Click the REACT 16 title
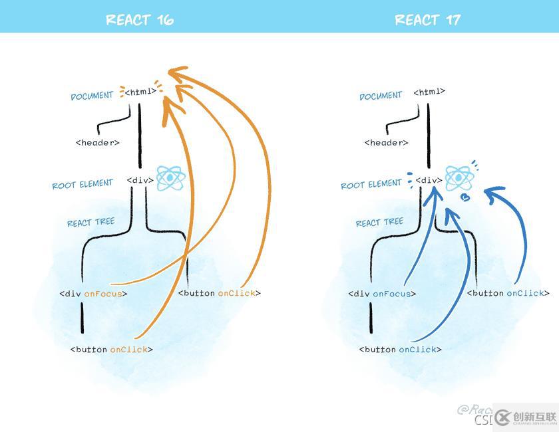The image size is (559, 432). click(x=140, y=20)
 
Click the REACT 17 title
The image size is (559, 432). click(x=427, y=20)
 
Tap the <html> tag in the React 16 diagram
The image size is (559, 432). click(x=140, y=92)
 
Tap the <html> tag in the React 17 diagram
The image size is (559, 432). click(x=429, y=92)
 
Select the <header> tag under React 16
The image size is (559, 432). click(x=98, y=142)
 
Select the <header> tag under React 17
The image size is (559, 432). click(x=387, y=142)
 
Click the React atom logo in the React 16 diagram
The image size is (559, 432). click(x=169, y=178)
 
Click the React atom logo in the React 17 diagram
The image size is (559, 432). click(x=458, y=178)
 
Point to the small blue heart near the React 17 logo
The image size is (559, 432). click(x=466, y=197)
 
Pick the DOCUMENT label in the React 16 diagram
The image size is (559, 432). click(x=92, y=96)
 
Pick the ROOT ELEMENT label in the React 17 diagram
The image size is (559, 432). click(x=371, y=184)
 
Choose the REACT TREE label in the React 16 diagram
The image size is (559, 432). click(x=91, y=223)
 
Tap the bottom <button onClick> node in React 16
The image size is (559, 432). click(x=112, y=350)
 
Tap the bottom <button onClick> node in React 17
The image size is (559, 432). click(x=401, y=350)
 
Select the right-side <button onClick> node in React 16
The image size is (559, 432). click(x=220, y=293)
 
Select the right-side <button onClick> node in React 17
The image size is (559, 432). click(x=508, y=293)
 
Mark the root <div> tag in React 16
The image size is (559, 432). click(x=140, y=180)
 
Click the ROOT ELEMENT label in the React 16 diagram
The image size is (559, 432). click(x=83, y=184)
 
